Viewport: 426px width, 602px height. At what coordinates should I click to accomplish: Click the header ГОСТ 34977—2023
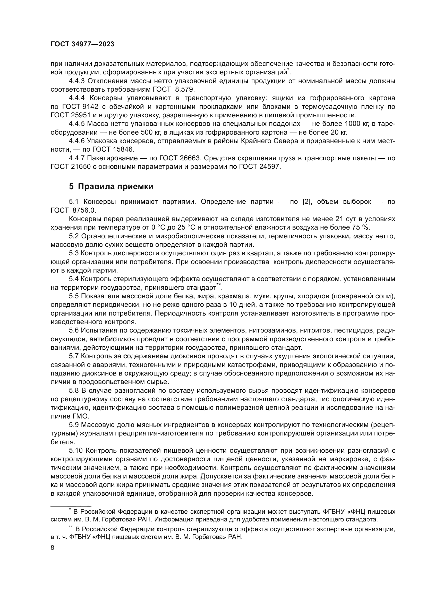pyautogui.click(x=82, y=44)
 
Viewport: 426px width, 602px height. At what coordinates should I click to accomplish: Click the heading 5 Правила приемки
pyautogui.click(x=111, y=186)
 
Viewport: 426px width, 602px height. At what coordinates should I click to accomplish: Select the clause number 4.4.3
pyautogui.click(x=77, y=81)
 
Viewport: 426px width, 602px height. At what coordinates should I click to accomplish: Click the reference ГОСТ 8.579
pyautogui.click(x=173, y=89)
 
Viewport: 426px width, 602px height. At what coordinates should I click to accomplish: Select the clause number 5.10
pyautogui.click(x=75, y=451)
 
